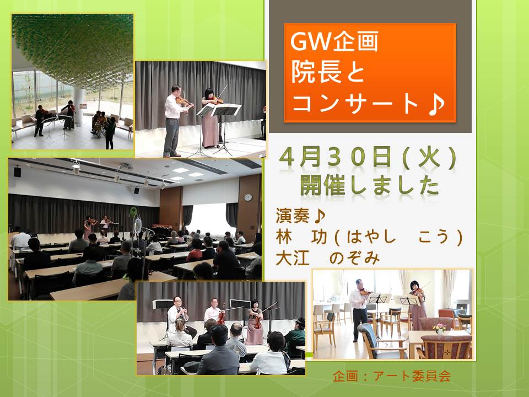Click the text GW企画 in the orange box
334,41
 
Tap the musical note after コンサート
436,103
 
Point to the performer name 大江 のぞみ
327,259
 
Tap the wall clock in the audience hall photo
248,197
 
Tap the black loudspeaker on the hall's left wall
17,171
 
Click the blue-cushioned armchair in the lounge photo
380,342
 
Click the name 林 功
301,237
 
